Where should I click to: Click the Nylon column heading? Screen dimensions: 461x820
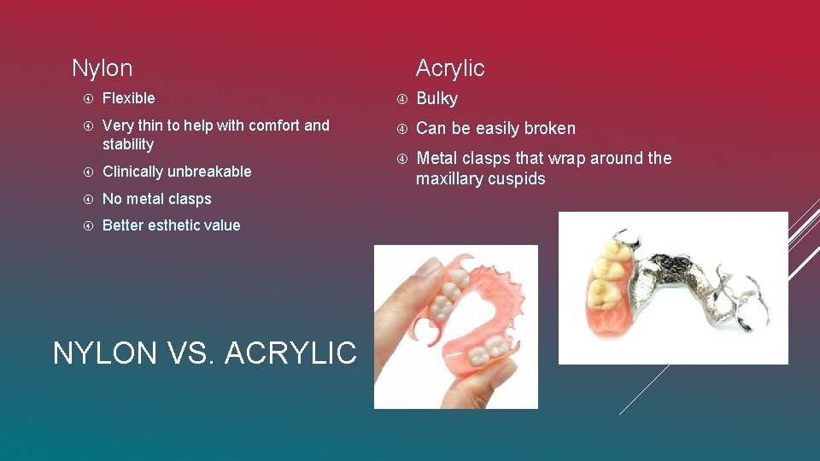[102, 68]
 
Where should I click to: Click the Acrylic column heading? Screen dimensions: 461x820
[450, 68]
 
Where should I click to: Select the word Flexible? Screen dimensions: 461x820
[128, 98]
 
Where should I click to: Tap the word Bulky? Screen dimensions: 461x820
[436, 99]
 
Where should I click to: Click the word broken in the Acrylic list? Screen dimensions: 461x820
[549, 129]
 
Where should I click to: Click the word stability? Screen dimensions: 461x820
[128, 144]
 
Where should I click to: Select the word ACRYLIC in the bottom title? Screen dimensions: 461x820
[290, 353]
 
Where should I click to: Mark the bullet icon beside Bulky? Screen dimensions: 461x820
[401, 99]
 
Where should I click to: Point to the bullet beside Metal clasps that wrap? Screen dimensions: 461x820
[401, 159]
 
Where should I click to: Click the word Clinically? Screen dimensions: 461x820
[133, 172]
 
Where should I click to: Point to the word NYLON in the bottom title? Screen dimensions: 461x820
[104, 353]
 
